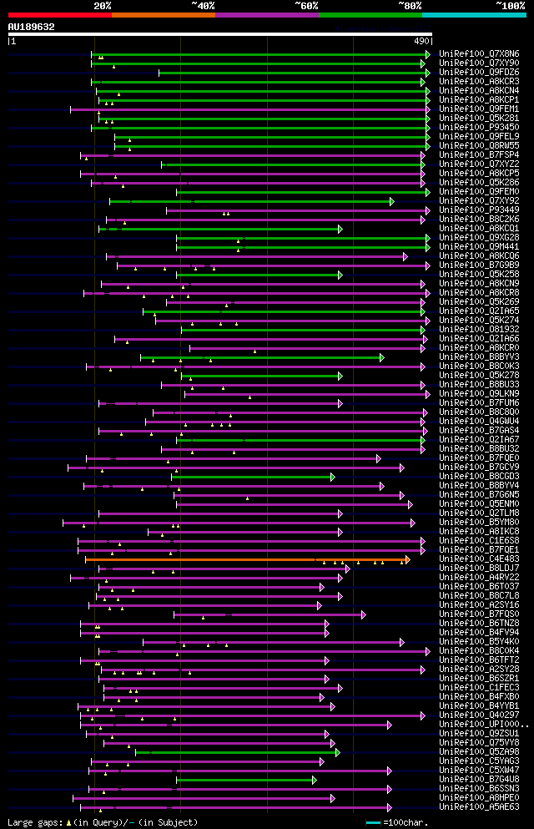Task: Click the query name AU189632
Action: [31, 27]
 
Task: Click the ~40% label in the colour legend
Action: [203, 5]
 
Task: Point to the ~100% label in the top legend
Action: [511, 5]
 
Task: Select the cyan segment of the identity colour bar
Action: [474, 14]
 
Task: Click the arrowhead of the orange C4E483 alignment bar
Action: [407, 559]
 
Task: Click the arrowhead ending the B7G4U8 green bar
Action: [315, 780]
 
